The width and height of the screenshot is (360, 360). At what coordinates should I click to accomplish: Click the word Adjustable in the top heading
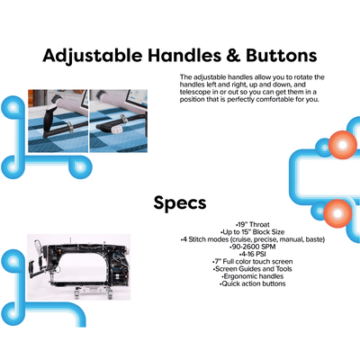tap(93, 56)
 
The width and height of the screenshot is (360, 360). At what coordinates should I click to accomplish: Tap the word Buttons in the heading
tap(282, 56)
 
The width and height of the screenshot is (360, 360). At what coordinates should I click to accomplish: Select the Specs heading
tap(180, 203)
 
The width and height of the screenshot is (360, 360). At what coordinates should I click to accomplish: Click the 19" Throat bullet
tap(253, 224)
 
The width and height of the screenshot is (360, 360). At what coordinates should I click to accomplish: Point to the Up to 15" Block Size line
tap(252, 232)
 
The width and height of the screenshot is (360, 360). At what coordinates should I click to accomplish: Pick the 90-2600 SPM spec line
tap(252, 247)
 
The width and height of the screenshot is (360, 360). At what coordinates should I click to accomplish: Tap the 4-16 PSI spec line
tap(253, 254)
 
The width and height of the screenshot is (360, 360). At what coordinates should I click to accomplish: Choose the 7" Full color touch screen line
tap(252, 262)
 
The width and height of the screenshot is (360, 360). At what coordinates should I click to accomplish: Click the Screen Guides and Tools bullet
tap(252, 269)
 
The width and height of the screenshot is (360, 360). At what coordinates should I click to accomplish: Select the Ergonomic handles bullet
tap(253, 276)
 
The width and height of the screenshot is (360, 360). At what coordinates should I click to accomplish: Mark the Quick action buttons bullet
tap(252, 283)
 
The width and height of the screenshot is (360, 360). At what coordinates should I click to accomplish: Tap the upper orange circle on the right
tap(342, 145)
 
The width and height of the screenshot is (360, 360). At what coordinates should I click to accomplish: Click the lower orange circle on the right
tap(337, 213)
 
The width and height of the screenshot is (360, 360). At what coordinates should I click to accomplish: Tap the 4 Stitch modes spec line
tap(253, 239)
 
